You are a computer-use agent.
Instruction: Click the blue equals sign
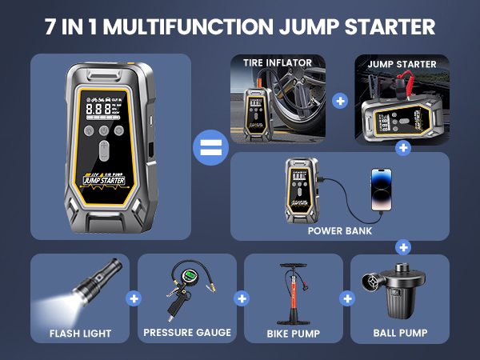[x=211, y=150]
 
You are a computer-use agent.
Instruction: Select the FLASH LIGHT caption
[x=79, y=333]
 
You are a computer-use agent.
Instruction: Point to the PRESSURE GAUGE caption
[x=186, y=333]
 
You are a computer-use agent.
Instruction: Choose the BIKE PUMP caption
[x=294, y=333]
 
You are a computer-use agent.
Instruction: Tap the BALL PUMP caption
[x=400, y=333]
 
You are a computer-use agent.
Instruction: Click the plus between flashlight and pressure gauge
[x=133, y=298]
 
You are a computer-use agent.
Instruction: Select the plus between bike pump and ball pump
[x=346, y=298]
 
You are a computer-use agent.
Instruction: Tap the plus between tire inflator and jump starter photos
[x=342, y=102]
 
